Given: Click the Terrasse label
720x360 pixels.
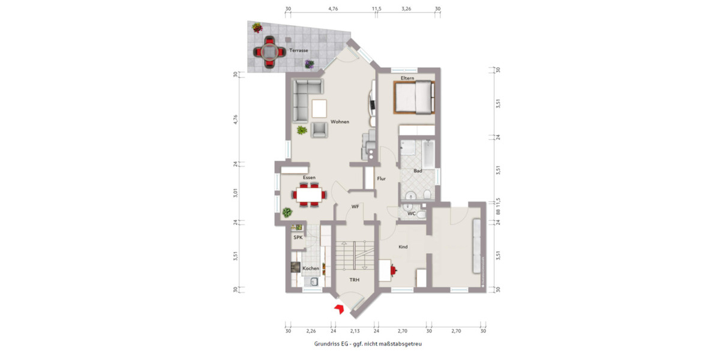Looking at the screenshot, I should [298, 50].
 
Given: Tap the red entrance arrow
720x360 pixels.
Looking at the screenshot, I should [338, 308].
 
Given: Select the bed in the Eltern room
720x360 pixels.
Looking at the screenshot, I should [414, 97].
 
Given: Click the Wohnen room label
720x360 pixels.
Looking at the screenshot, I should [339, 122].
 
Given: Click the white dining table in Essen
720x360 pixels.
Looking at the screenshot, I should [309, 194].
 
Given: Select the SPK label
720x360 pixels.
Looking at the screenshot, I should [298, 238].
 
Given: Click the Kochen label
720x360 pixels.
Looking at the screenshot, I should [311, 268].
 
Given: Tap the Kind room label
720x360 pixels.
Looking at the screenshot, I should [403, 247].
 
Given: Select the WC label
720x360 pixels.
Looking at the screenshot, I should [412, 213].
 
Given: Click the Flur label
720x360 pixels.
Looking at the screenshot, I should [381, 179].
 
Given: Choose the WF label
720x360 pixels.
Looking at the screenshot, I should [355, 206].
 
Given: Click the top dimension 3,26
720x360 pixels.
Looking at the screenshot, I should [406, 9].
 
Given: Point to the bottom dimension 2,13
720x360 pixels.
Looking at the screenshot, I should [355, 331].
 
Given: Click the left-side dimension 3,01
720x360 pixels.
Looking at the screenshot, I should [236, 193].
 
